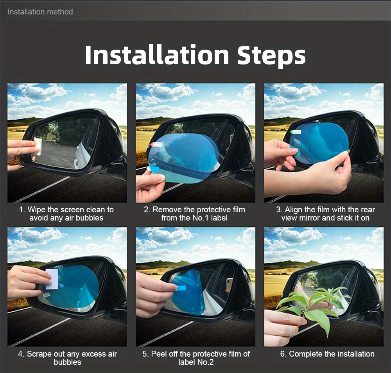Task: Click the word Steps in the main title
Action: [x=271, y=56]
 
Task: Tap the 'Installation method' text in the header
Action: [x=40, y=12]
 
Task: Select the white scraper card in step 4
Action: [x=52, y=279]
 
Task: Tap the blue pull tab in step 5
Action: [x=182, y=288]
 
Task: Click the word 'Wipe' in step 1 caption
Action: [x=37, y=210]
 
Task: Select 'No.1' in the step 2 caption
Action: [x=201, y=218]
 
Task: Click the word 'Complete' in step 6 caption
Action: [x=305, y=354]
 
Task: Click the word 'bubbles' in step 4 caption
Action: [x=67, y=362]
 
